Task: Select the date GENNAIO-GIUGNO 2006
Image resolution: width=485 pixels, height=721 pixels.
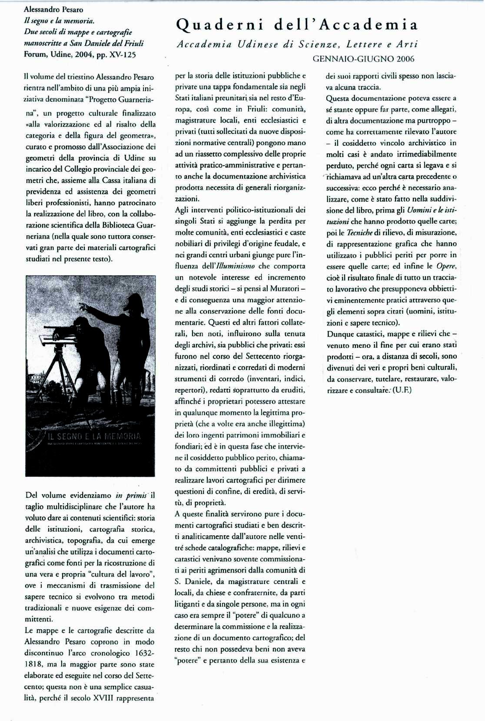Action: (x=363, y=59)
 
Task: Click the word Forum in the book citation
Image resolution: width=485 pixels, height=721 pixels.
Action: (x=34, y=55)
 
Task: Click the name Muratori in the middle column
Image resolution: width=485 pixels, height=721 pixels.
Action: (x=285, y=289)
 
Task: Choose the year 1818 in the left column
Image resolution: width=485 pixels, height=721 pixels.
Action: (x=34, y=664)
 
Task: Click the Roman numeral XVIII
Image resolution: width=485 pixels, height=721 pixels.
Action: (x=105, y=698)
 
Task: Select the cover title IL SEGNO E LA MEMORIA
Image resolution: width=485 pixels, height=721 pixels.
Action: (x=94, y=436)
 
